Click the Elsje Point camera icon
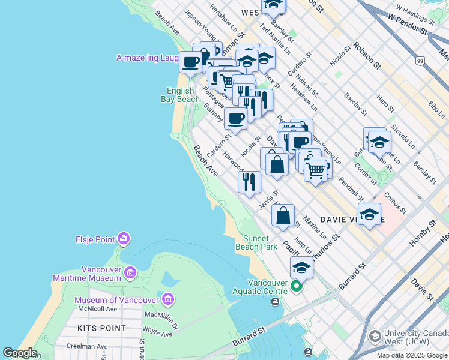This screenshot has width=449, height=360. pos(124,239)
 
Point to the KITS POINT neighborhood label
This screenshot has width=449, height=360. pos(102,328)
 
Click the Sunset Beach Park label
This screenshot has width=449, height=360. pos(260,242)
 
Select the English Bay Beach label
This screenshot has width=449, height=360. pos(181,95)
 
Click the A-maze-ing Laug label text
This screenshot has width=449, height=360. pos(147,58)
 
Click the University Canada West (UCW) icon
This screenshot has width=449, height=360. pos(375,335)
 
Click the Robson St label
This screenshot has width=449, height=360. pos(367,55)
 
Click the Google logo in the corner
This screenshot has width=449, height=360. pos(20,353)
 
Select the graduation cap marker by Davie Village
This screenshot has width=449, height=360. pos(369,214)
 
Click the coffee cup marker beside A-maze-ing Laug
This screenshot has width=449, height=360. pos(190,61)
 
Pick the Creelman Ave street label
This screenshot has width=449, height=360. pos(88,346)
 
